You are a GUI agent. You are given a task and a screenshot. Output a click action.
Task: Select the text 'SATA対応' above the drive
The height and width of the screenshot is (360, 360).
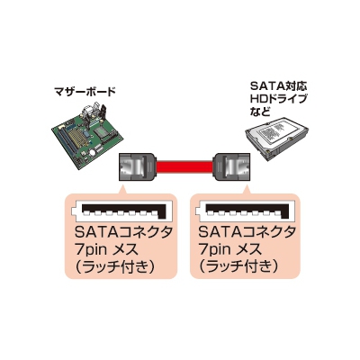279,86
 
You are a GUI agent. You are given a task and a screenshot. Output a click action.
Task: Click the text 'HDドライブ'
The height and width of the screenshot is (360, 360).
279,99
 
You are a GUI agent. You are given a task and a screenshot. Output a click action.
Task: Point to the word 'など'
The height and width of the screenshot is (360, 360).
259,112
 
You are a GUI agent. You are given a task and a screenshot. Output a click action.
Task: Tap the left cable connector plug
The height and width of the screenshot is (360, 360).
138,167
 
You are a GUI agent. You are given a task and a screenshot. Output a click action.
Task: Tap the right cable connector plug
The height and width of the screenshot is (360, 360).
231,167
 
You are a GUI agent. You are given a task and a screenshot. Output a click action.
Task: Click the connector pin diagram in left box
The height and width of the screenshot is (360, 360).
120,211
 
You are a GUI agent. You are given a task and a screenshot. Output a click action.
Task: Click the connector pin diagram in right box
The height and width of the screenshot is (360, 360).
242,211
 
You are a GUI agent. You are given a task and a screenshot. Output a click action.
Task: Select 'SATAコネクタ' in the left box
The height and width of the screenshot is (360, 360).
123,232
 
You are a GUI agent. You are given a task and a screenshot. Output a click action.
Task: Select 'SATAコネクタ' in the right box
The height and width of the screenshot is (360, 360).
247,232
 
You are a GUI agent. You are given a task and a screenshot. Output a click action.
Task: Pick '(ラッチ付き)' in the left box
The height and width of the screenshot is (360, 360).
115,267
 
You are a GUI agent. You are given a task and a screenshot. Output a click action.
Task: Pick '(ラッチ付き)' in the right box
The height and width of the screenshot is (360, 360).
238,267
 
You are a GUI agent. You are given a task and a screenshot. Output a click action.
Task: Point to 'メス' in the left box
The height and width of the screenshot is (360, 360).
127,249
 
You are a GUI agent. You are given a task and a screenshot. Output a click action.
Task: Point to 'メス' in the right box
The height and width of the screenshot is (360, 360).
250,249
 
